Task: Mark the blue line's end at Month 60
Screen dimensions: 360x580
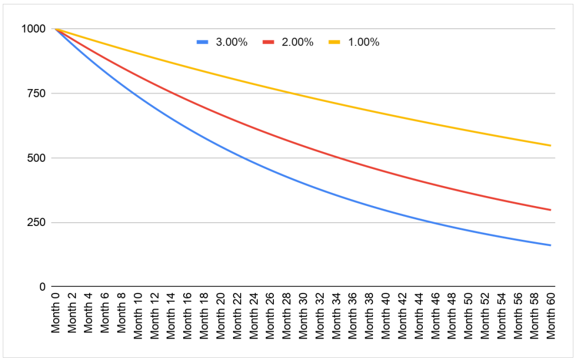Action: [x=551, y=245]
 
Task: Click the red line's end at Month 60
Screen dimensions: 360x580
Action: [x=551, y=210]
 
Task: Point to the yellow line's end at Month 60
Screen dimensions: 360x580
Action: [x=551, y=146]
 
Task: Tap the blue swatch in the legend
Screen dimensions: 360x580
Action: [x=203, y=42]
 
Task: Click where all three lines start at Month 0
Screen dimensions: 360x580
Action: [x=55, y=29]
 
